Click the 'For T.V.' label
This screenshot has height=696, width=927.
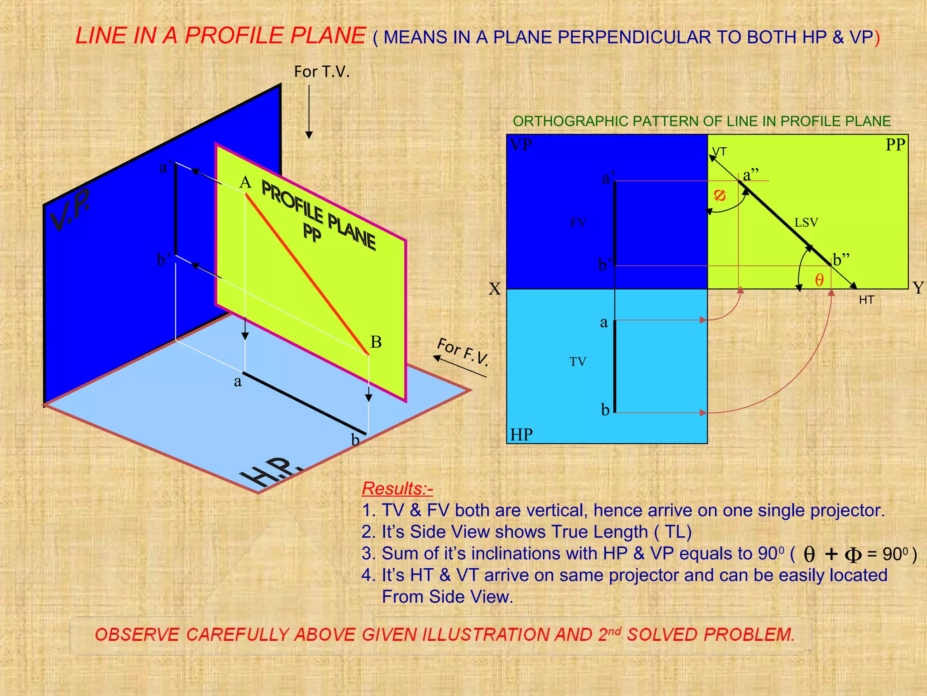pyautogui.click(x=322, y=72)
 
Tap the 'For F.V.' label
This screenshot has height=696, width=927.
pyautogui.click(x=463, y=352)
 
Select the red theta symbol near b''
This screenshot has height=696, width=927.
pyautogui.click(x=819, y=280)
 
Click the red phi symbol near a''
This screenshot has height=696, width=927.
pyautogui.click(x=720, y=195)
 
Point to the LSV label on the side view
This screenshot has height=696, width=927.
pyautogui.click(x=806, y=222)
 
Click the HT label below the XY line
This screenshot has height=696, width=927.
pyautogui.click(x=866, y=300)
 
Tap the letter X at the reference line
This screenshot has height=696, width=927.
pyautogui.click(x=495, y=289)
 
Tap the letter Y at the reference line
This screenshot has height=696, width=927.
pyautogui.click(x=918, y=288)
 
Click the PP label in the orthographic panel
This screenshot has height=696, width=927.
pyautogui.click(x=895, y=145)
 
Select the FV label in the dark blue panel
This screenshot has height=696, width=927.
pyautogui.click(x=578, y=222)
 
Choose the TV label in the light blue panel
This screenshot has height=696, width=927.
pyautogui.click(x=578, y=362)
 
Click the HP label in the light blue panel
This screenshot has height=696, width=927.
pyautogui.click(x=521, y=435)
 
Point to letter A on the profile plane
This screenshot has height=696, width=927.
pyautogui.click(x=245, y=183)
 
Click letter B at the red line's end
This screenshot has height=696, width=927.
pyautogui.click(x=376, y=342)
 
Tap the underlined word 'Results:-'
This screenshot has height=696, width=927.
pyautogui.click(x=397, y=488)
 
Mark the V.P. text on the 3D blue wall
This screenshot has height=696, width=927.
pyautogui.click(x=70, y=209)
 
